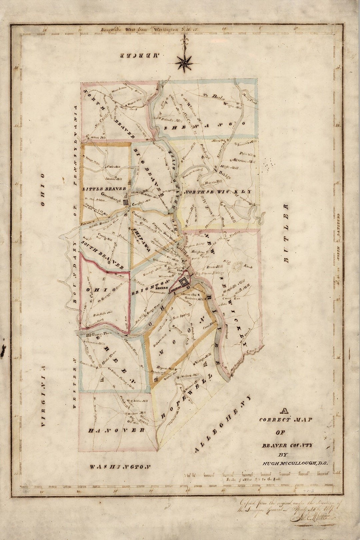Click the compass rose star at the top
click(x=184, y=63)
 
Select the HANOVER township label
click(x=116, y=430)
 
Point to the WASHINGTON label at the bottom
click(x=120, y=467)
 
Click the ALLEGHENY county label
click(x=222, y=423)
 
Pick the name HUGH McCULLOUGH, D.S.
click(x=295, y=463)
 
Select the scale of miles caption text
click(x=253, y=479)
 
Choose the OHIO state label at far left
click(x=42, y=190)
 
